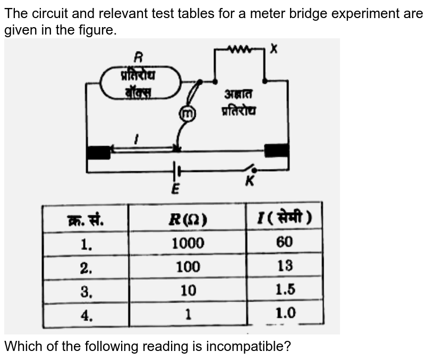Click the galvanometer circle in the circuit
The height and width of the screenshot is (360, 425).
click(186, 113)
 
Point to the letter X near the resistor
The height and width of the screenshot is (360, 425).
click(273, 49)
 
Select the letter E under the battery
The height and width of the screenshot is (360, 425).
click(175, 188)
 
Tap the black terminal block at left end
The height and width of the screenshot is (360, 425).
click(98, 153)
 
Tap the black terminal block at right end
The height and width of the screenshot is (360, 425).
click(277, 150)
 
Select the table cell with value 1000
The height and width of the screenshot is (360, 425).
click(188, 243)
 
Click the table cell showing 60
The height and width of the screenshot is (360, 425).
click(284, 242)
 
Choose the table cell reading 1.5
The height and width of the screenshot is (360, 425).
click(285, 289)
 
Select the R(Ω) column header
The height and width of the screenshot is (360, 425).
click(188, 219)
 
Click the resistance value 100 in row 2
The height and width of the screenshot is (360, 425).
click(188, 267)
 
